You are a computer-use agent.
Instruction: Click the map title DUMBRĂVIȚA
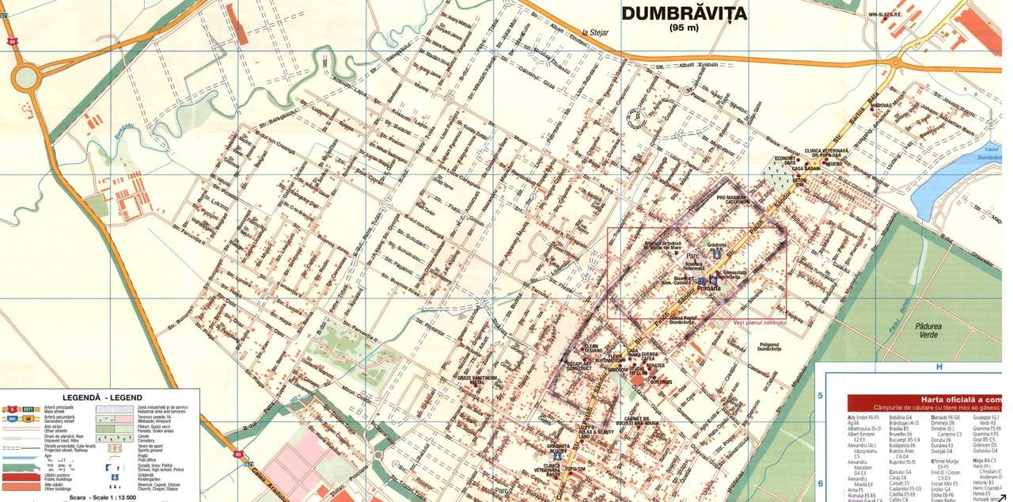coord(684,13)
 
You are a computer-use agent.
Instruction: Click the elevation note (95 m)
coord(684,28)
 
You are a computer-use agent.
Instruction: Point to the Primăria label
coord(709,288)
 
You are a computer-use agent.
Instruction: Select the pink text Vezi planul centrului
coord(760,322)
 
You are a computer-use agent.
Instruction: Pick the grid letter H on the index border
coord(939,367)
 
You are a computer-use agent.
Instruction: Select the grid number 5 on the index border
coord(821,396)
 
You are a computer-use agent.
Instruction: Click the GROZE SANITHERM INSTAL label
coord(478,382)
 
